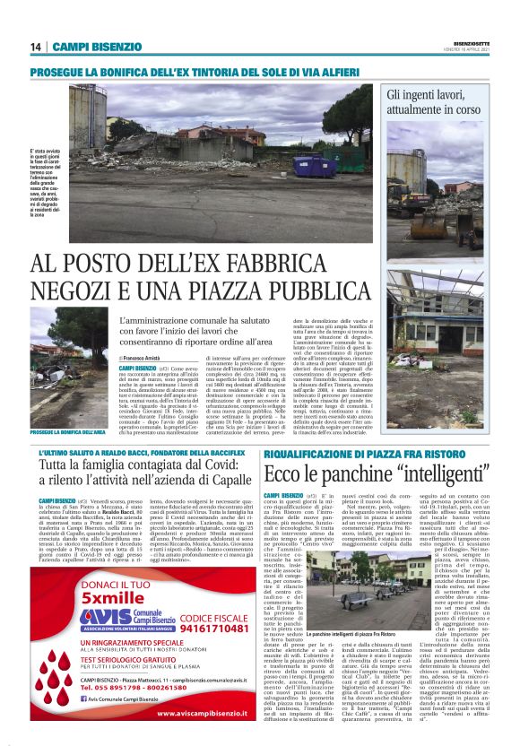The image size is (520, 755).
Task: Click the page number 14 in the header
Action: [36, 47]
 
